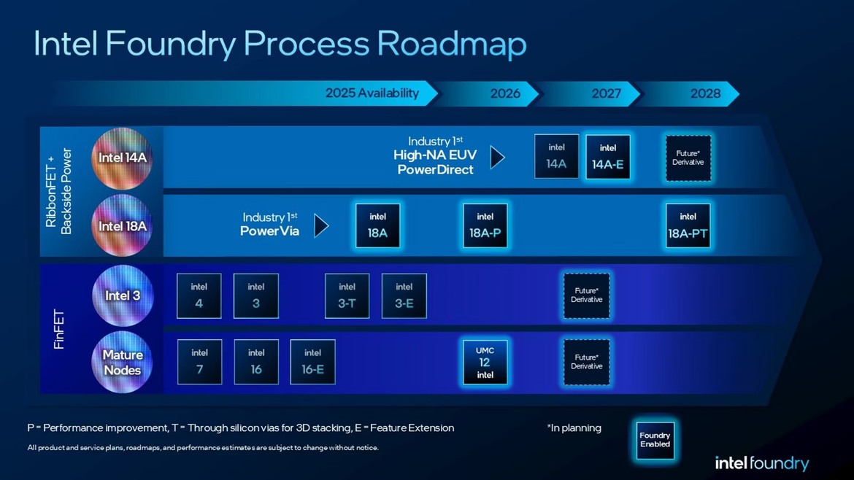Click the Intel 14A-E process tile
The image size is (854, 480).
point(607,157)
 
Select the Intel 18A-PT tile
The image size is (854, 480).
point(688,226)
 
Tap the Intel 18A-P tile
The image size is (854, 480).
point(485,226)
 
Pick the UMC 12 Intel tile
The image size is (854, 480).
point(485,363)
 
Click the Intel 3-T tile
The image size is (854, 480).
point(347,295)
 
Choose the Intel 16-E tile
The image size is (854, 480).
point(312,362)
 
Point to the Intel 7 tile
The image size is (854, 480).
point(199,362)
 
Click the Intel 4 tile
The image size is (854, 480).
point(199,295)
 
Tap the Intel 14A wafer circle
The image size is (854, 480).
point(122,158)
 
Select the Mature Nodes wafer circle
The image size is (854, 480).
point(123,363)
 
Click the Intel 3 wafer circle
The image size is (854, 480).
point(123,296)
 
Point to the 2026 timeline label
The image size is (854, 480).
point(505,93)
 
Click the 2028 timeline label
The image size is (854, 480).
point(705,93)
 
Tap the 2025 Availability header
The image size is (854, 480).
point(372,93)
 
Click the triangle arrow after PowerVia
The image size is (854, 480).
point(321,225)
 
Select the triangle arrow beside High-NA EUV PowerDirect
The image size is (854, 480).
point(497,157)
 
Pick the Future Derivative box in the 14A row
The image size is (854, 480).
point(688,158)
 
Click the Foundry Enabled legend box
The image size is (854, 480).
point(655,440)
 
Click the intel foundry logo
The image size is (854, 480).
point(761,463)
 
